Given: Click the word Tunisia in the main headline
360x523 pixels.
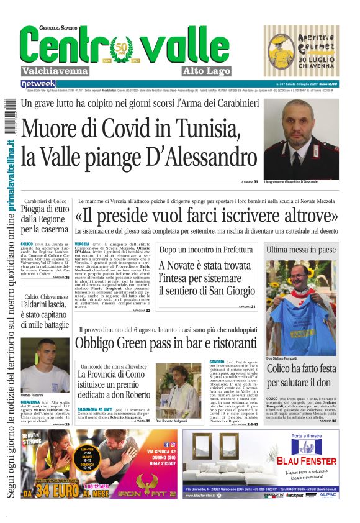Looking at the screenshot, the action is (203, 128).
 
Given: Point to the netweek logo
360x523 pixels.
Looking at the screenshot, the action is (38, 83).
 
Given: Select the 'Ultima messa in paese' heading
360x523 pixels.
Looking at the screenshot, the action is (300, 249).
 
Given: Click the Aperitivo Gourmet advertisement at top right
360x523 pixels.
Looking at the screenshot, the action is (301, 51).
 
